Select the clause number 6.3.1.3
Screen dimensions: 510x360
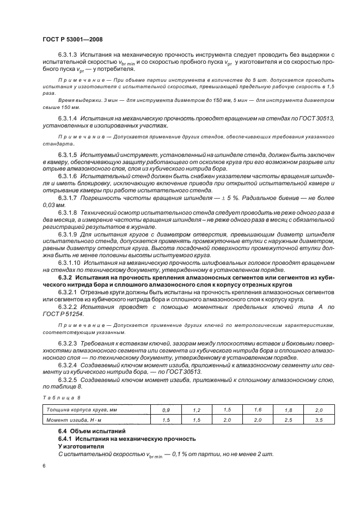point(68,56)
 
